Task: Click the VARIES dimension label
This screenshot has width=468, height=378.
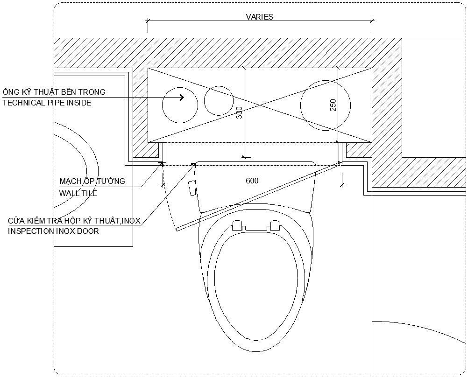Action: tap(259, 17)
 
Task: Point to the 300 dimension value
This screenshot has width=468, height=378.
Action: tap(240, 112)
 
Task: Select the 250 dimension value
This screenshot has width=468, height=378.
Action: tap(333, 105)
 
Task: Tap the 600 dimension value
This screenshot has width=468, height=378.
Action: tap(252, 181)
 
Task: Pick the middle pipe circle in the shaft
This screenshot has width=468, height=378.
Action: tap(219, 101)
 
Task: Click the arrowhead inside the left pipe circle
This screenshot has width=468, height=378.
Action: tap(182, 97)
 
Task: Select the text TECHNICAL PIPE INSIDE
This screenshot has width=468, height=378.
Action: tap(47, 103)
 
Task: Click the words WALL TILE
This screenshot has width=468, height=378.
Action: tap(78, 193)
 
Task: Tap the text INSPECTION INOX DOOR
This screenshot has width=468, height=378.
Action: tap(53, 231)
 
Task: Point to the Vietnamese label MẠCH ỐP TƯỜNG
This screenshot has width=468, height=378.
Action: tap(92, 181)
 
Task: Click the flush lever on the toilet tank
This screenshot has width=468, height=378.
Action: tap(192, 188)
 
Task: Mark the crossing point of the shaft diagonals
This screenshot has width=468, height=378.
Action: tap(260, 105)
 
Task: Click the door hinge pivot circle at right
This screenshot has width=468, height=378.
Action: tap(340, 163)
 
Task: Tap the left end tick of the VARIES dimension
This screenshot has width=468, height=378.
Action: tap(148, 21)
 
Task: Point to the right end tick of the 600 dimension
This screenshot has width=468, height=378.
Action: tap(342, 185)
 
